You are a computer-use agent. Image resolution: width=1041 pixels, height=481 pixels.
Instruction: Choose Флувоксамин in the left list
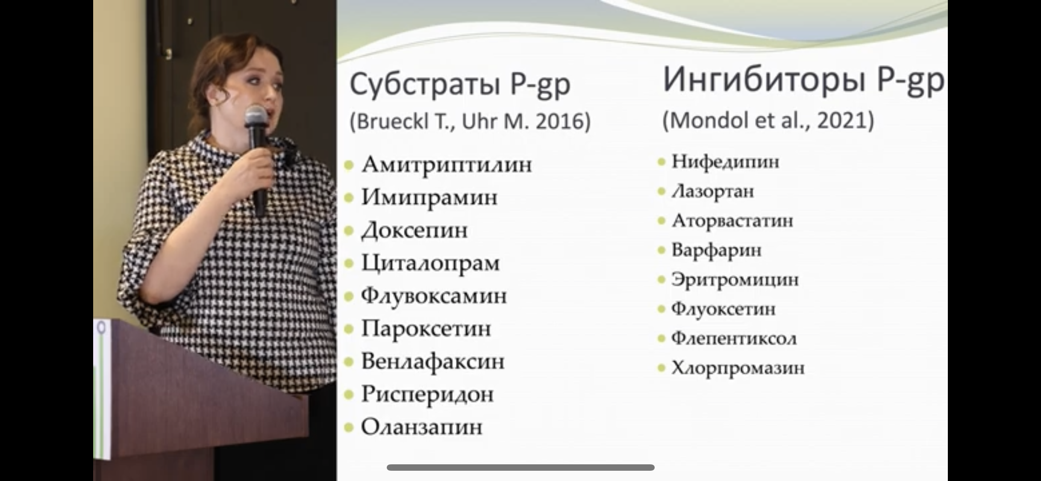tap(434, 296)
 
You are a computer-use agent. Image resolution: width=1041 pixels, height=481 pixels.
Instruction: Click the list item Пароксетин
tap(426, 329)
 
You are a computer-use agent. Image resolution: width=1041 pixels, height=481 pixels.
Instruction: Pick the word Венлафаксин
tap(433, 362)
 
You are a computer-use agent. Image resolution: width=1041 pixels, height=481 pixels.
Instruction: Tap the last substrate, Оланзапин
tap(422, 427)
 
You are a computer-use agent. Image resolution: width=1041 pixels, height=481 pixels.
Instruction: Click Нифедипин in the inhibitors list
tap(726, 162)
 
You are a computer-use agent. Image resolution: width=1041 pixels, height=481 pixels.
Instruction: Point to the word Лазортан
tap(713, 192)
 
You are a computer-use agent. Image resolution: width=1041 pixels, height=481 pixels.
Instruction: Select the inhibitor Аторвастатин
tap(732, 221)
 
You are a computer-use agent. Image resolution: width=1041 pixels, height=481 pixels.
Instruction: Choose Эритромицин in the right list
tap(735, 280)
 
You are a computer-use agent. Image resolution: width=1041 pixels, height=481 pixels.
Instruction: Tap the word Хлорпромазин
tap(738, 368)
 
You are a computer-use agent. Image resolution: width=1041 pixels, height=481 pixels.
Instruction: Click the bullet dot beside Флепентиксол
tap(662, 339)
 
